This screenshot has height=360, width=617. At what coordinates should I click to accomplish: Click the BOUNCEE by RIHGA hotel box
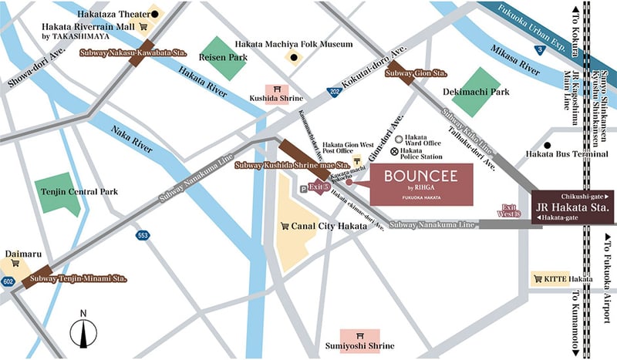click(x=421, y=183)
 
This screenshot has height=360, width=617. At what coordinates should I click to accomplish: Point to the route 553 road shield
click(x=142, y=235)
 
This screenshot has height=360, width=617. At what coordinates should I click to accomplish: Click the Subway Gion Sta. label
click(x=416, y=74)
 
